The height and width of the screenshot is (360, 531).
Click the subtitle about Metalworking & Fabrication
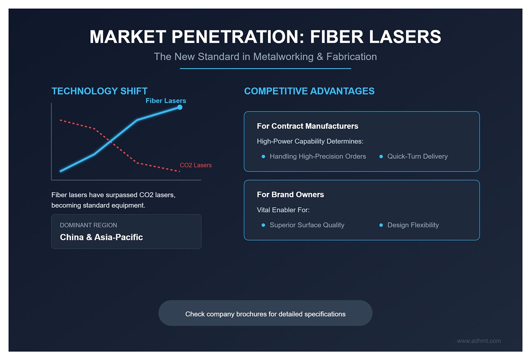[265, 56]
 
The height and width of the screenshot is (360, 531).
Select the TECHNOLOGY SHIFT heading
[100, 91]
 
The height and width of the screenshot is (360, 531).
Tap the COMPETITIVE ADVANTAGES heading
[309, 91]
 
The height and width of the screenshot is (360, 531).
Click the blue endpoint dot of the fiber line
[180, 107]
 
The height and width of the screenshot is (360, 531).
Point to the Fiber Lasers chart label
[166, 100]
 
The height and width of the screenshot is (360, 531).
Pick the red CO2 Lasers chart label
[195, 165]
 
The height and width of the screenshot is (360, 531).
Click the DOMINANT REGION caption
[88, 225]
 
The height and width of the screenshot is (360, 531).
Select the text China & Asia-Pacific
[101, 238]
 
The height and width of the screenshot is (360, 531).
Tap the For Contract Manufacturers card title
[307, 126]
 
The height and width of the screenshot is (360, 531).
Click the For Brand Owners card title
[290, 194]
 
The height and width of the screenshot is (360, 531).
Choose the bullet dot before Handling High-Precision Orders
[263, 157]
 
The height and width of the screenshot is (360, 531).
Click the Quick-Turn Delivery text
[417, 157]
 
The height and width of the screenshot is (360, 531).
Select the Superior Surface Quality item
[307, 225]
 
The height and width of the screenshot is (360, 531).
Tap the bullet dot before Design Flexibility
[381, 225]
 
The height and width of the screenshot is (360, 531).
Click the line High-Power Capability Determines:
[310, 141]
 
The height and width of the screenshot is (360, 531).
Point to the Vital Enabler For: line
[283, 210]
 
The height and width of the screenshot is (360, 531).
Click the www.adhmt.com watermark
[479, 341]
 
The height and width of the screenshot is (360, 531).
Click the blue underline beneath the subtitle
[265, 69]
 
